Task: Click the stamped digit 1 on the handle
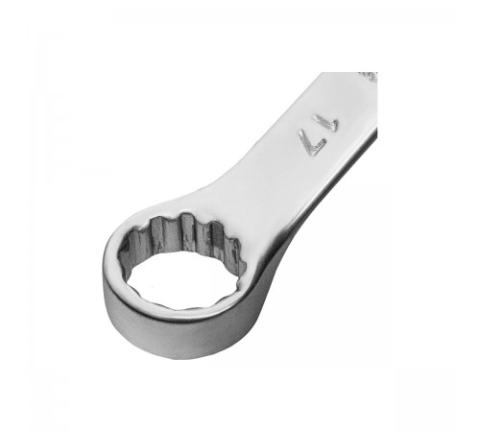point(327,123)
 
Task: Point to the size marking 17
point(318,135)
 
